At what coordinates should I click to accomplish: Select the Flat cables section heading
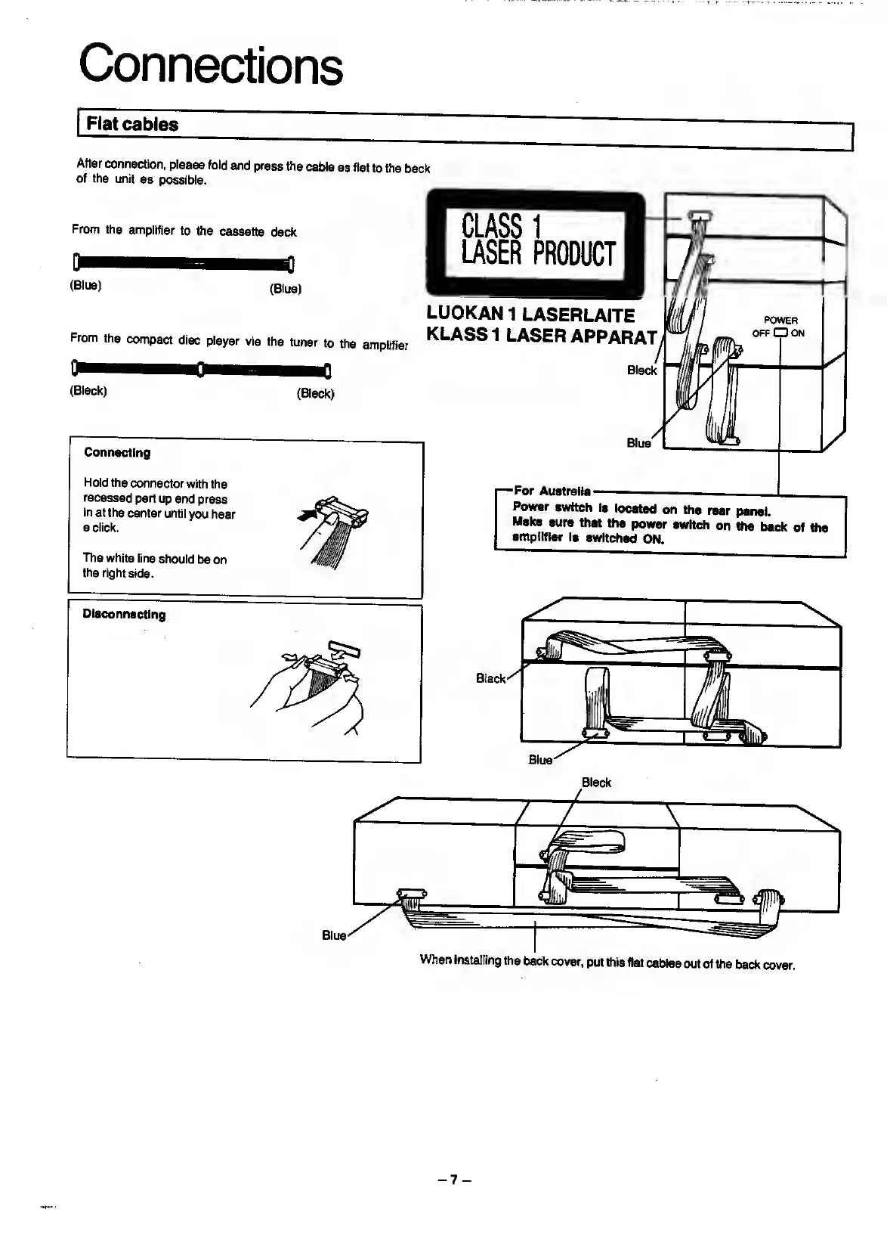(x=132, y=124)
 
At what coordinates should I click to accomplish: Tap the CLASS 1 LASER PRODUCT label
(x=538, y=240)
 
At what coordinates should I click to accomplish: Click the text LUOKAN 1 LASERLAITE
(x=530, y=314)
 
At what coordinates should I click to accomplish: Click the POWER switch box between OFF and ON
(x=779, y=333)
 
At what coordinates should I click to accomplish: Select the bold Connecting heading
(x=117, y=453)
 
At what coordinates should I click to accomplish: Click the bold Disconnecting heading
(x=124, y=615)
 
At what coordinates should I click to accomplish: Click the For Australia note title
(x=552, y=491)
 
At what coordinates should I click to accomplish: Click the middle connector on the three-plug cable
(x=199, y=370)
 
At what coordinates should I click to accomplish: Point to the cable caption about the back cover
(x=607, y=963)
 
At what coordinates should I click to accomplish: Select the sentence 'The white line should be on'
(x=154, y=559)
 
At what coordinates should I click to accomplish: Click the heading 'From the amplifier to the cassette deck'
(x=184, y=231)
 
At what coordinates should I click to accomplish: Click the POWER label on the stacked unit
(x=780, y=320)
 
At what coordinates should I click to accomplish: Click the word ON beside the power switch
(x=797, y=333)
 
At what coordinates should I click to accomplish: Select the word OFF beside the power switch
(x=760, y=333)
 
